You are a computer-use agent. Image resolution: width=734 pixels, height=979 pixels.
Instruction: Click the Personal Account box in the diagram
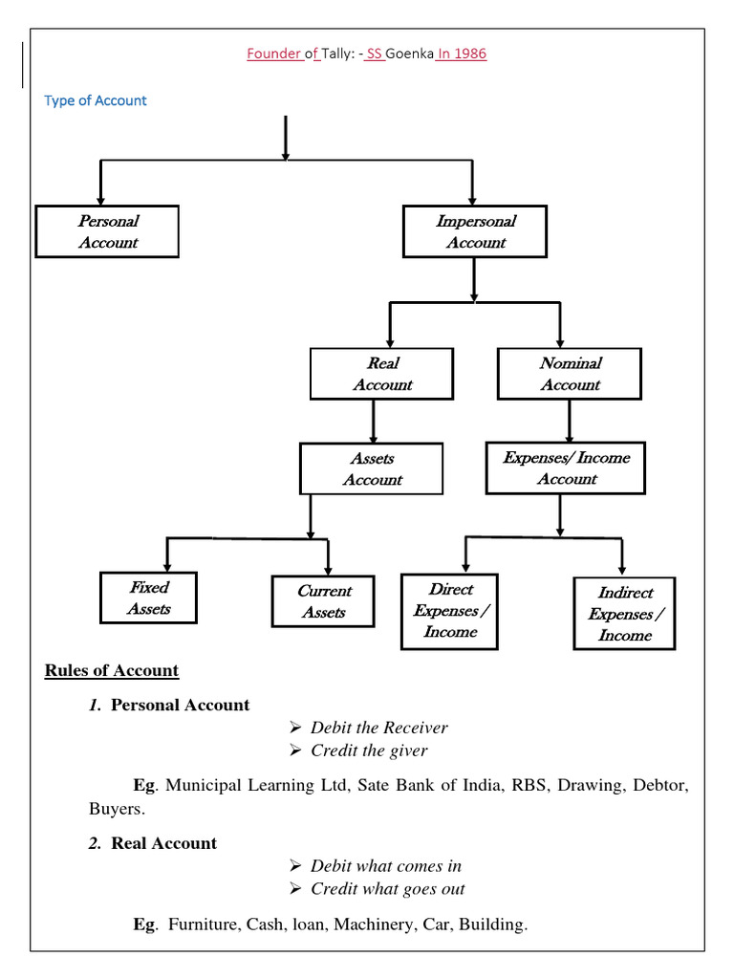coord(107,231)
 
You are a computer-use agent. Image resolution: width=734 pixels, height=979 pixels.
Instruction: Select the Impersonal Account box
coord(475,231)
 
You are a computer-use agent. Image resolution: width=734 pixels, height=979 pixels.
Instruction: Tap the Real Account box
coord(382,374)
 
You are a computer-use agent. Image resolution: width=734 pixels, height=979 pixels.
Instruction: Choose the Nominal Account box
coord(570,374)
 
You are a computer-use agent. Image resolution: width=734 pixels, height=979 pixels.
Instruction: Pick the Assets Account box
coord(372,468)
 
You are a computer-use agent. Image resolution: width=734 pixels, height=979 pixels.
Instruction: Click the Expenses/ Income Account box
coord(566,468)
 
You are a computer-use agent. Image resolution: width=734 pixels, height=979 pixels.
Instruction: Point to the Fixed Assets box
coord(149,598)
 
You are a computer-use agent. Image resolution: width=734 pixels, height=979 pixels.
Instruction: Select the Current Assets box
coord(324,601)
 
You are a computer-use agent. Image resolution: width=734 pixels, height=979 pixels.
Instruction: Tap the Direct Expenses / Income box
coord(450,611)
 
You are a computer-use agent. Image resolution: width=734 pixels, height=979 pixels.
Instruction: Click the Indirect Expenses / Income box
coord(625,614)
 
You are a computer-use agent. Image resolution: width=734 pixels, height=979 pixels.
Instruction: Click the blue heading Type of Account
coord(96,100)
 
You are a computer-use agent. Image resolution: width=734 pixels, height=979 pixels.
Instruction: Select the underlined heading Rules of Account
coord(112,670)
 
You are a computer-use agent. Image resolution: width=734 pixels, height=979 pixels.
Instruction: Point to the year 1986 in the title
coord(469,54)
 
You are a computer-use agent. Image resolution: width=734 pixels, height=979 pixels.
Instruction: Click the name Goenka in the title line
coord(409,54)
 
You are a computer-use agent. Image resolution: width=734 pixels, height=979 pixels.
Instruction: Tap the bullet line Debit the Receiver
coord(378,728)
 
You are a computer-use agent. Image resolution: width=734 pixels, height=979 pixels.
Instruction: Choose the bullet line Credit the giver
coord(369,751)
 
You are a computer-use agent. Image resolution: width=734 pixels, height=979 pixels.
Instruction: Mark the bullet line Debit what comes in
coord(386,865)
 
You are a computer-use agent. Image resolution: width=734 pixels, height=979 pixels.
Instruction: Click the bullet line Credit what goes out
coord(388,888)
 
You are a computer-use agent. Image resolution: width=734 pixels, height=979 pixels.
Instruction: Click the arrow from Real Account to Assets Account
coord(373,421)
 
